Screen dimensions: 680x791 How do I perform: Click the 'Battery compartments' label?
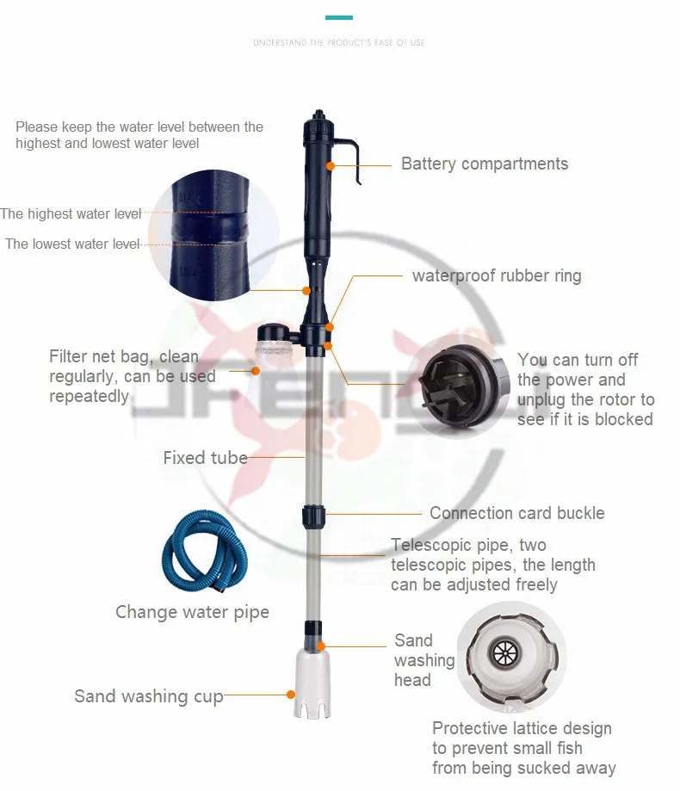click(x=485, y=164)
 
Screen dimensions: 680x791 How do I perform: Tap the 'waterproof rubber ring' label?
click(x=497, y=276)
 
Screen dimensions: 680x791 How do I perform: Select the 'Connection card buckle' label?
click(x=516, y=513)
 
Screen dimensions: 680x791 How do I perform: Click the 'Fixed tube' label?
click(x=205, y=458)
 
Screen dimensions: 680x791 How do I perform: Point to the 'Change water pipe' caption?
click(x=192, y=612)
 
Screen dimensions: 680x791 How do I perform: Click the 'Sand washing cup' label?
click(x=148, y=696)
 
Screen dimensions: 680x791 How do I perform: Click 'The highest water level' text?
click(x=71, y=213)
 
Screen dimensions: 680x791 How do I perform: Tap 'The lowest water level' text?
click(x=72, y=244)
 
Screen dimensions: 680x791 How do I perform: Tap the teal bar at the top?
click(x=339, y=17)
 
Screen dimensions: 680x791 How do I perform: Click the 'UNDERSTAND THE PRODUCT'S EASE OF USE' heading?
click(x=339, y=42)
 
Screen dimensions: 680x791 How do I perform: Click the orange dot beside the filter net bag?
click(x=255, y=370)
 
